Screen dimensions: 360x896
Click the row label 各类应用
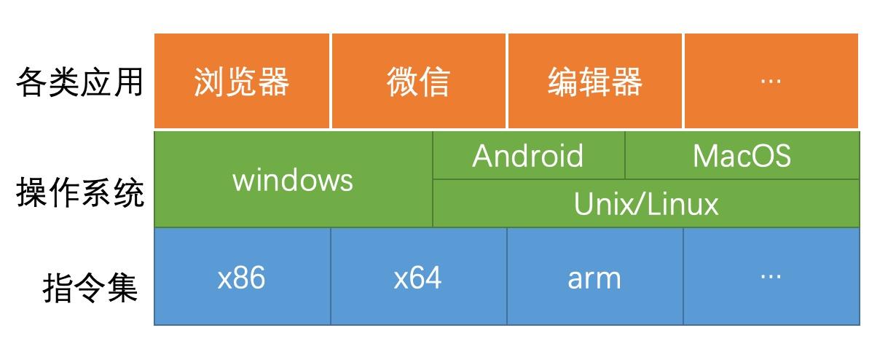pyautogui.click(x=79, y=82)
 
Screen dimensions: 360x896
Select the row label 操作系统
pyautogui.click(x=79, y=195)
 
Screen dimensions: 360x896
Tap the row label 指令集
pyautogui.click(x=90, y=287)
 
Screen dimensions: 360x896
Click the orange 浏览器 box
pyautogui.click(x=242, y=82)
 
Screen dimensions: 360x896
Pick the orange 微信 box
pyautogui.click(x=419, y=82)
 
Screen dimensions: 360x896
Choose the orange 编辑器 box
pyautogui.click(x=594, y=82)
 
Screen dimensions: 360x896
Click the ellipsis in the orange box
pyautogui.click(x=771, y=81)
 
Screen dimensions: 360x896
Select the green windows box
pyautogui.click(x=293, y=180)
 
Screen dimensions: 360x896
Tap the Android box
pyautogui.click(x=528, y=156)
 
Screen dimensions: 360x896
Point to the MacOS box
pyautogui.click(x=742, y=156)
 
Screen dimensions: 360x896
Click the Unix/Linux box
pyautogui.click(x=645, y=204)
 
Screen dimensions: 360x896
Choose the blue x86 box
pyautogui.click(x=242, y=278)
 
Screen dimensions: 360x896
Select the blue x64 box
pyautogui.click(x=418, y=278)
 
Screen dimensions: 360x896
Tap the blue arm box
pyautogui.click(x=594, y=278)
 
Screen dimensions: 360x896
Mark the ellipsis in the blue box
pyautogui.click(x=771, y=276)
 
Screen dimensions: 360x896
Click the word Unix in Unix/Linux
pyautogui.click(x=600, y=204)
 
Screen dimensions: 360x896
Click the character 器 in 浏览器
pyautogui.click(x=274, y=82)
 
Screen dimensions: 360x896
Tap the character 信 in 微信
pyautogui.click(x=435, y=82)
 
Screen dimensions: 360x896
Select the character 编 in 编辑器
pyautogui.click(x=562, y=82)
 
